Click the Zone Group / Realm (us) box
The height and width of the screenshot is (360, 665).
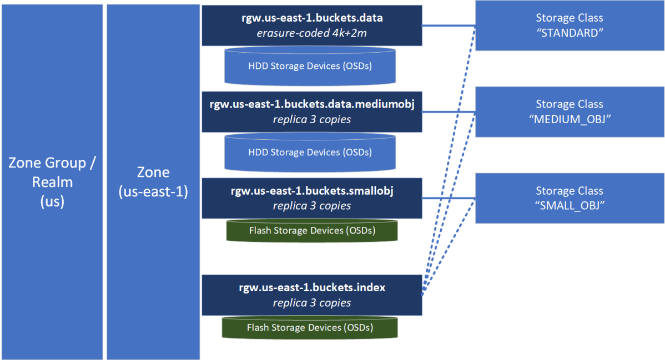click(52, 182)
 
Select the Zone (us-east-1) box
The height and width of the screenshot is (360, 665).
click(153, 182)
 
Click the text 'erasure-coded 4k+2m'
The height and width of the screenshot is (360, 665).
click(311, 33)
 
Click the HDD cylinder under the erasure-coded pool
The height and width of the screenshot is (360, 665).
click(310, 66)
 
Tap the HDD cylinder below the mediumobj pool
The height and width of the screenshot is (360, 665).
click(310, 152)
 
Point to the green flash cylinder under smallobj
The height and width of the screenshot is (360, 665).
click(312, 230)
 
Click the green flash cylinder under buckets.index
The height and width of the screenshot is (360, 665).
click(310, 327)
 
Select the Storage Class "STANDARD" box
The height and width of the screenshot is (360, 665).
click(570, 26)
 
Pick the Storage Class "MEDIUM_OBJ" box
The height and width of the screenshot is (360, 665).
click(570, 111)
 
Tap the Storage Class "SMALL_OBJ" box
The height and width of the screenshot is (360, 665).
click(570, 198)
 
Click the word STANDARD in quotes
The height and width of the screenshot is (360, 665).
click(570, 33)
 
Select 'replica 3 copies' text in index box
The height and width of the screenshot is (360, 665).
click(311, 303)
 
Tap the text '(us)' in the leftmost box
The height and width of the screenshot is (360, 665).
click(52, 201)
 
